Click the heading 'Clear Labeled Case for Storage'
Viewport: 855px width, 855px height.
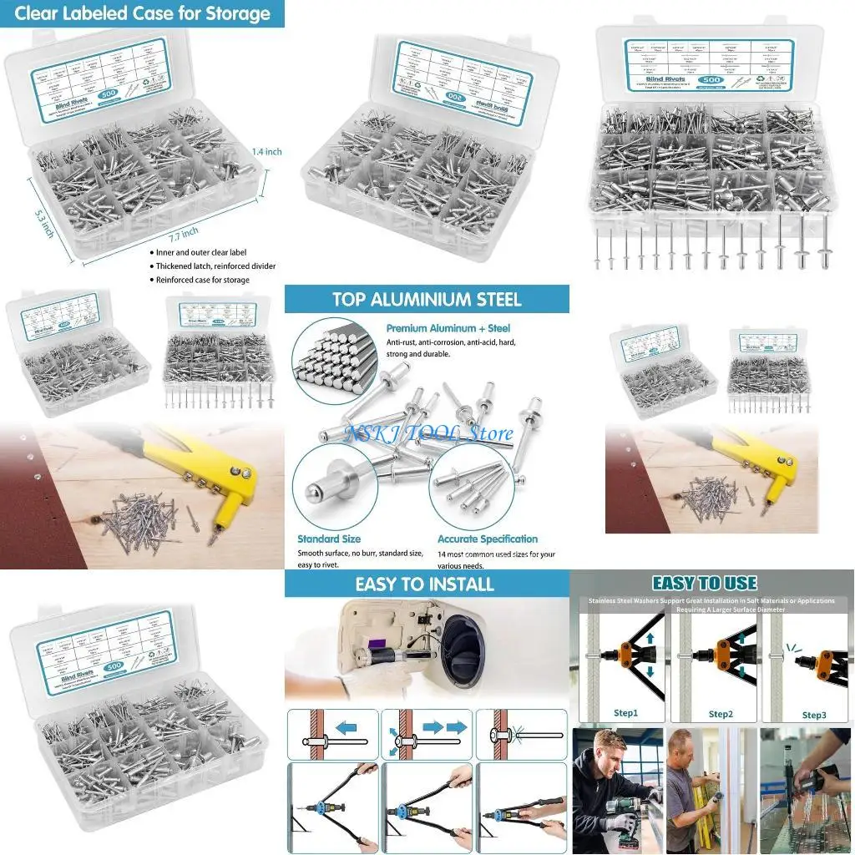(141, 13)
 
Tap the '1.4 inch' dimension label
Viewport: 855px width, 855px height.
(267, 152)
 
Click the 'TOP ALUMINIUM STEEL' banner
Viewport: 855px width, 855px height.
(426, 300)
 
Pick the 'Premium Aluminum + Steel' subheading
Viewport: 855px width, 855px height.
(448, 329)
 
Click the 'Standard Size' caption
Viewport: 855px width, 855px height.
(328, 539)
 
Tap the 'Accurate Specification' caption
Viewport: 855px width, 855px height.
(487, 539)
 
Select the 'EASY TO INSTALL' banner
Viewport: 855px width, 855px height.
(424, 584)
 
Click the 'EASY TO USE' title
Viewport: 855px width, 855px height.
(704, 584)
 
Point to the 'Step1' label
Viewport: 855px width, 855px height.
(625, 714)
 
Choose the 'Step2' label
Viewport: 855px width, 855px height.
(721, 714)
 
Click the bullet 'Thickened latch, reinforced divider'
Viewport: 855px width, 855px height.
(215, 266)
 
